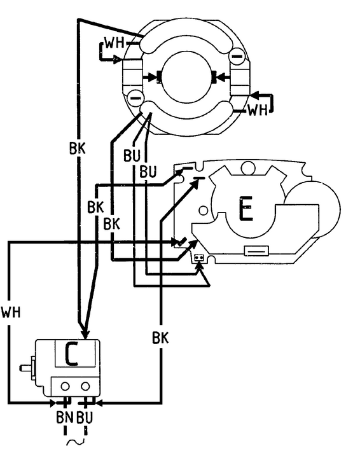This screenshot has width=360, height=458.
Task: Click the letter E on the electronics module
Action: (246, 209)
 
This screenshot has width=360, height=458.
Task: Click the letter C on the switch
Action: (71, 354)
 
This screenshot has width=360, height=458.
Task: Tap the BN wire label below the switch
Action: (64, 417)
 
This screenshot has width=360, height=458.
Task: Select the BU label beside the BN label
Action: (85, 417)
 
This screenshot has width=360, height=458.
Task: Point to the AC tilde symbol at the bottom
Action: (75, 442)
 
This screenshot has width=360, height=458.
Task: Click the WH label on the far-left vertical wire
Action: (11, 312)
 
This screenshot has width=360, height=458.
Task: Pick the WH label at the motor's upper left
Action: (114, 43)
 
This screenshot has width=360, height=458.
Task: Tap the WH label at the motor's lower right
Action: (258, 110)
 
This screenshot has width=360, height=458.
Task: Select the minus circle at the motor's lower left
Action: (135, 98)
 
